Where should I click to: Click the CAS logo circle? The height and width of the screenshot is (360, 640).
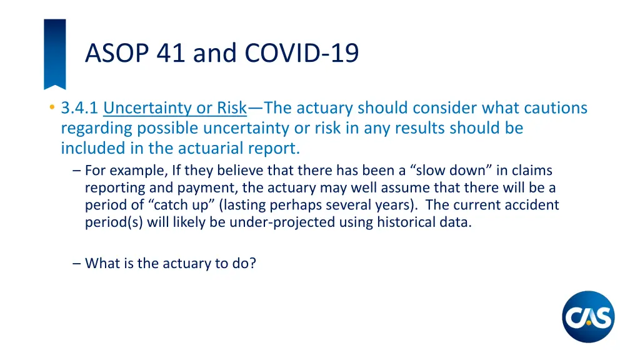[588, 317]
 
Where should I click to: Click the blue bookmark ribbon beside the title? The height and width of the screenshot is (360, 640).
[54, 53]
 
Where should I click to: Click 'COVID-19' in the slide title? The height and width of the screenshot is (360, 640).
[302, 52]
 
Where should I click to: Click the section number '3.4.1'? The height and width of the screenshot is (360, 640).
[79, 108]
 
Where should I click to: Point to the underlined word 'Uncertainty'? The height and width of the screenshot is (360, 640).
[148, 108]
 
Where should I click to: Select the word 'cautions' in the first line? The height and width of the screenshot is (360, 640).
[553, 108]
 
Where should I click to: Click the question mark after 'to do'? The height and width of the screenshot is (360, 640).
[252, 263]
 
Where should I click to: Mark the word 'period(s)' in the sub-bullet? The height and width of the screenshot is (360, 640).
[114, 222]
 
